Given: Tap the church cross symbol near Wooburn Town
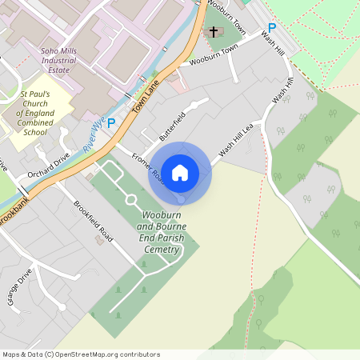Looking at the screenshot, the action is [214, 32].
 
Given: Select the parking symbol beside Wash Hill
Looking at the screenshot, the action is [272, 27].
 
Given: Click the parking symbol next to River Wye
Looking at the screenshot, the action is [111, 122].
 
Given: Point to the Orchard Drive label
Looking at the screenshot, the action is [48, 161].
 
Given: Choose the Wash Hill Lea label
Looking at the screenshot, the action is [236, 138].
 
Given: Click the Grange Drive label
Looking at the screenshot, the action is [20, 286].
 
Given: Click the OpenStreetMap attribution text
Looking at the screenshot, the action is [81, 354].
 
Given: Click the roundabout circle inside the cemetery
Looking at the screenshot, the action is [130, 199].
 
